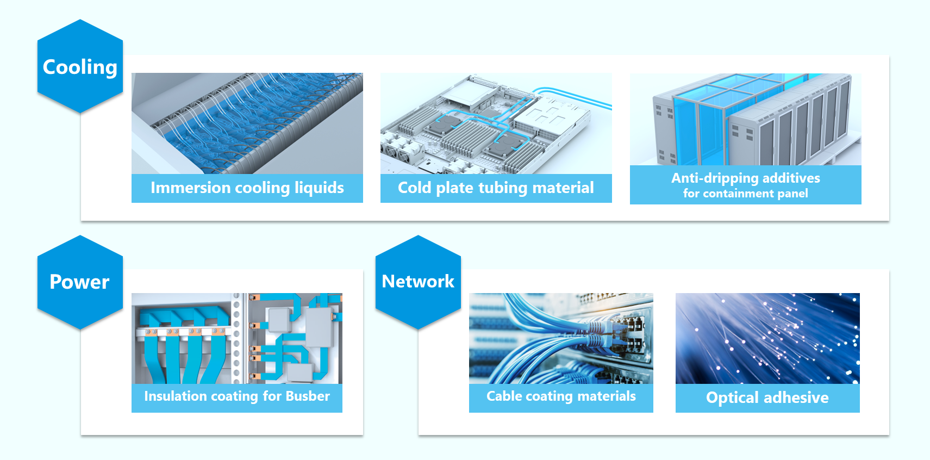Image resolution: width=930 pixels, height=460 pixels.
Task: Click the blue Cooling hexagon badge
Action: tap(80, 67)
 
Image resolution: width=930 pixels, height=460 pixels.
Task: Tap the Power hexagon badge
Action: tap(80, 282)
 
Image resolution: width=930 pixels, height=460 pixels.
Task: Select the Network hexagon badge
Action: tap(418, 282)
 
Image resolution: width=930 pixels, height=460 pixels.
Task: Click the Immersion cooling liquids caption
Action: tap(247, 188)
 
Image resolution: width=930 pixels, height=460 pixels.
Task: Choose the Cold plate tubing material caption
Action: tap(496, 188)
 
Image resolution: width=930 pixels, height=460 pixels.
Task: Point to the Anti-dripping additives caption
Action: tap(745, 178)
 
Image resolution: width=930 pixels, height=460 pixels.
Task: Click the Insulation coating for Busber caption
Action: tap(236, 396)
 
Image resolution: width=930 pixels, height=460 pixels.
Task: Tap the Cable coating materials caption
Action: tap(561, 396)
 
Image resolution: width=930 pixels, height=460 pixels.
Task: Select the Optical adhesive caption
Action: tap(767, 397)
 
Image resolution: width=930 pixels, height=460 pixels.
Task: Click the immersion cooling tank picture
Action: tap(247, 123)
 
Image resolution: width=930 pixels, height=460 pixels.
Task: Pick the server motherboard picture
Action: tap(496, 123)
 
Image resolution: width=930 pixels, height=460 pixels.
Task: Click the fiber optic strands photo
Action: tap(767, 338)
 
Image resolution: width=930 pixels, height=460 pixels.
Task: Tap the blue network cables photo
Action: tap(561, 338)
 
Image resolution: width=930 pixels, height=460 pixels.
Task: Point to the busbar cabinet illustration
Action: tap(236, 338)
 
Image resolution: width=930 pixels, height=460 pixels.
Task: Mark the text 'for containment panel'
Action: tap(745, 194)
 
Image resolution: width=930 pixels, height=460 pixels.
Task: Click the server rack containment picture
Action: tap(745, 120)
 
